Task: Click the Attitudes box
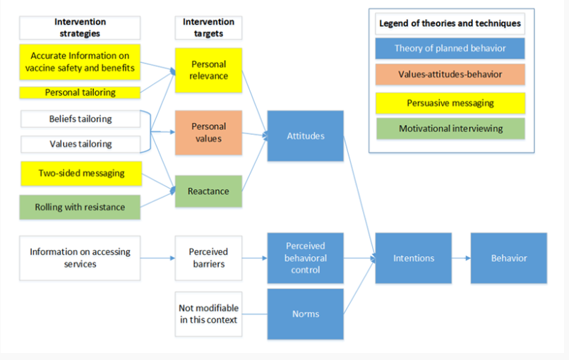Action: click(305, 136)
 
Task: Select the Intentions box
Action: click(414, 258)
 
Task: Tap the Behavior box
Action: click(508, 258)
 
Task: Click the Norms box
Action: click(305, 314)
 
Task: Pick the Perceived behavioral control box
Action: click(305, 258)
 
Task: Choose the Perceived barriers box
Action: click(208, 258)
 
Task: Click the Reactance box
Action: click(208, 191)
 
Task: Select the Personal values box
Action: click(208, 133)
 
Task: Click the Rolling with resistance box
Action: click(80, 208)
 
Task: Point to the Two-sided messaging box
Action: click(80, 174)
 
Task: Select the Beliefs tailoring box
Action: click(80, 119)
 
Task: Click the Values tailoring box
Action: click(80, 144)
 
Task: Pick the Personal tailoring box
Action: click(80, 92)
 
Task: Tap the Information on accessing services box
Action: click(80, 258)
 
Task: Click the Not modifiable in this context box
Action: click(208, 314)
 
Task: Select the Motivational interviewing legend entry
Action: click(450, 128)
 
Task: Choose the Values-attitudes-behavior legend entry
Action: click(450, 74)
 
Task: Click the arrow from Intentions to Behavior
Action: click(461, 258)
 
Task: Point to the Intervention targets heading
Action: click(208, 28)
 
